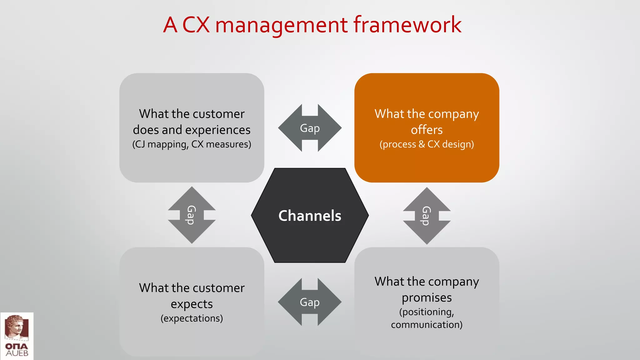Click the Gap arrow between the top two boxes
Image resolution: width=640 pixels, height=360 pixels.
coord(310,128)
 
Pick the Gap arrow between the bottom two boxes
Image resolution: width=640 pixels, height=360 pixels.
coord(310,302)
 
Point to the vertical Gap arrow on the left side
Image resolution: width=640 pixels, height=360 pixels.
coord(192,215)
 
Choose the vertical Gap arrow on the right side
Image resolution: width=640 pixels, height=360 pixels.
coord(427,216)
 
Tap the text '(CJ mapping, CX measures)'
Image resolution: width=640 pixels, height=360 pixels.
coord(192,144)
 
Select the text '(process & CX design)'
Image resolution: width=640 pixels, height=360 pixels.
coord(427,144)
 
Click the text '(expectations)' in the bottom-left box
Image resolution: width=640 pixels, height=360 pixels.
coord(192,318)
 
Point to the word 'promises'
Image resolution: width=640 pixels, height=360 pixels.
coord(427,297)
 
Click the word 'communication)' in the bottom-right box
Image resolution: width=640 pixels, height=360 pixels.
coord(427,325)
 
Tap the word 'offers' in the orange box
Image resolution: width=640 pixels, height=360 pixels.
coord(427,130)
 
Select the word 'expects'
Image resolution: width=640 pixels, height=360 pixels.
coord(192,304)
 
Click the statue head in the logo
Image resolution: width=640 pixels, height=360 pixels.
coord(16,327)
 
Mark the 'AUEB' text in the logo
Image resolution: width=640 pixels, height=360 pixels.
coord(17,353)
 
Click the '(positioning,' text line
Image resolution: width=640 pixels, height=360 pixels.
coord(427,312)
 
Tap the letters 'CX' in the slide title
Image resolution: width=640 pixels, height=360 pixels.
coord(196,25)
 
